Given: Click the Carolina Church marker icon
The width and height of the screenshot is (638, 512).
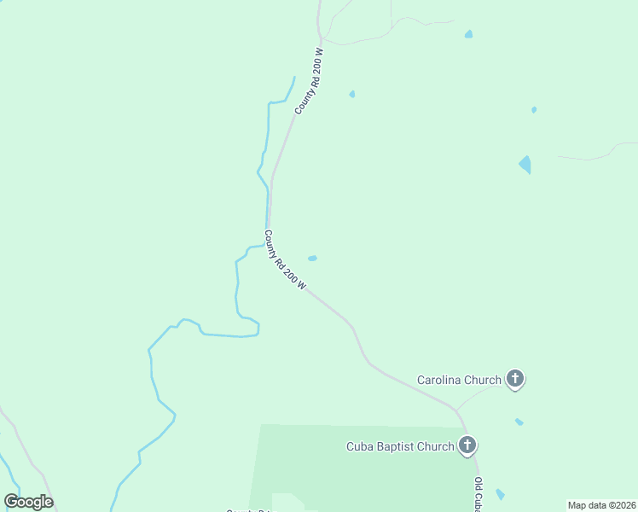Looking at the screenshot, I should [514, 378].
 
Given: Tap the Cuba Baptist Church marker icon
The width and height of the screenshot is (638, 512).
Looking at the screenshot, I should [467, 445].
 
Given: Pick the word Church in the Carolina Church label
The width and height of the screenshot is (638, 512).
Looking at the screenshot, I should [484, 379].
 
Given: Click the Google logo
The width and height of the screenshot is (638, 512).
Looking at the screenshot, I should [28, 502].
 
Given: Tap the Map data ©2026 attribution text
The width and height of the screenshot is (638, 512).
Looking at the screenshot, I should [601, 505].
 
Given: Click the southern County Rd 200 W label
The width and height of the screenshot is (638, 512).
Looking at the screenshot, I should [285, 260].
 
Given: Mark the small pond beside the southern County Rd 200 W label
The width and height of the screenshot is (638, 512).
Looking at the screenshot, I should [312, 258].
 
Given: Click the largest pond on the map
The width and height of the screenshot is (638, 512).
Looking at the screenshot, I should [525, 164].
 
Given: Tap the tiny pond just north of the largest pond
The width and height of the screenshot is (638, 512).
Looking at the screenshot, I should [534, 109].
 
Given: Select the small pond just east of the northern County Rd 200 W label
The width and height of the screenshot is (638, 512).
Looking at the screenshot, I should [351, 94].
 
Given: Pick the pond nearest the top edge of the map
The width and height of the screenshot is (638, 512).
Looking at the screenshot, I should [468, 34].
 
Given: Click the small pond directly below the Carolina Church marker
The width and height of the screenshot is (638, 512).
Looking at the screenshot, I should [519, 422].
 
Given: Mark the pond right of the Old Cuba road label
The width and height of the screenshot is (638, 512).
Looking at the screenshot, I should [500, 494].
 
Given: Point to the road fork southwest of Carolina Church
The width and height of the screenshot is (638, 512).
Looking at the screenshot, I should [456, 410].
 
